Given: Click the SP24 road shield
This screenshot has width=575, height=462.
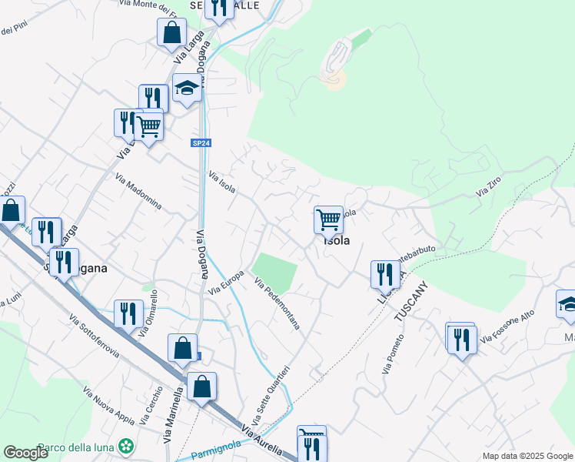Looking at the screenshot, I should tap(201, 143).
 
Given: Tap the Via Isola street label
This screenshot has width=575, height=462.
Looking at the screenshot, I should tap(221, 182).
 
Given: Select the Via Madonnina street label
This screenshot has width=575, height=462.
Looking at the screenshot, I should tap(138, 192).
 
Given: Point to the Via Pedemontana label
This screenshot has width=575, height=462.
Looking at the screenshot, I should tap(277, 305).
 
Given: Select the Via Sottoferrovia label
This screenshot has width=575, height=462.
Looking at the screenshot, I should tap(94, 336).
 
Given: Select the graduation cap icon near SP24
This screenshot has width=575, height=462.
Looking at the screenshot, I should tap(186, 89).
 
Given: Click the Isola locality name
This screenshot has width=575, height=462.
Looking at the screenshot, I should tap(337, 240).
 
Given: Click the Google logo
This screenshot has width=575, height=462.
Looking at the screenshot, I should tap(25, 453).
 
